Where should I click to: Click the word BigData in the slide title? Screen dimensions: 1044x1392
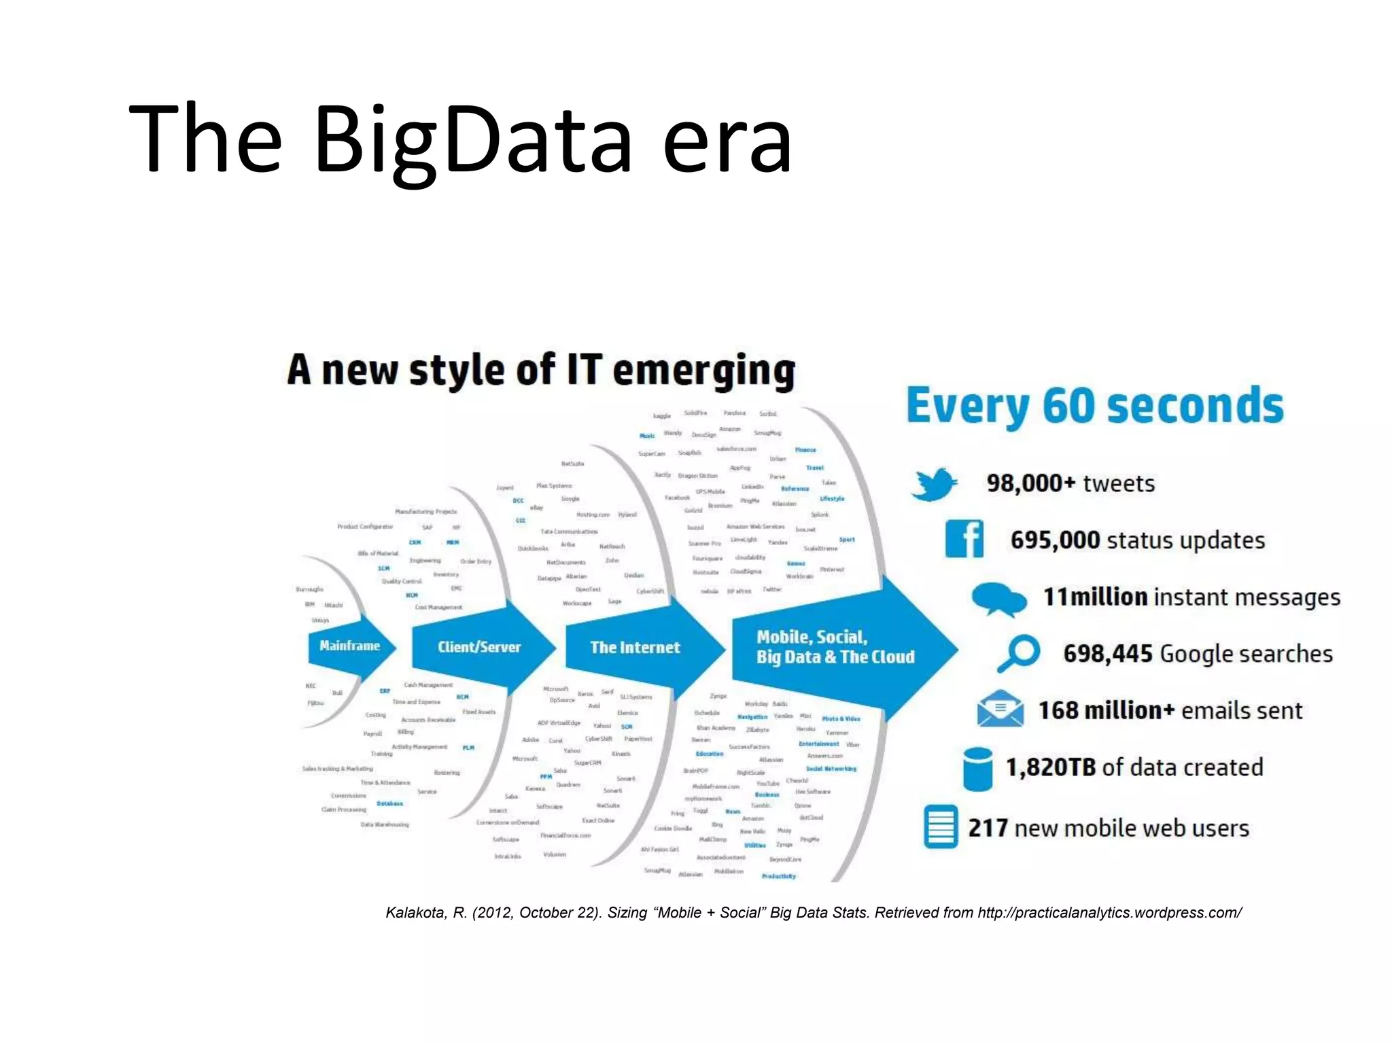click(x=473, y=139)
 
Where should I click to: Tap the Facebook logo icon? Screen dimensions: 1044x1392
click(x=964, y=539)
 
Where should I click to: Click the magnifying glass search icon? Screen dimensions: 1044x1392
click(x=1018, y=653)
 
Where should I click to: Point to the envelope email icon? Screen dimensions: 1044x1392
click(x=1000, y=709)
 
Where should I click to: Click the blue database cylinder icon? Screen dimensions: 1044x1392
click(x=978, y=769)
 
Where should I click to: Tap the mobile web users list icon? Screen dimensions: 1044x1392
click(x=941, y=827)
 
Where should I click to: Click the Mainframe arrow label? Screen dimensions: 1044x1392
click(x=349, y=646)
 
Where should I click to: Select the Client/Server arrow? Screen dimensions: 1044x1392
click(x=480, y=647)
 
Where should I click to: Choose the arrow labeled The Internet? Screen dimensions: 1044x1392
click(x=636, y=648)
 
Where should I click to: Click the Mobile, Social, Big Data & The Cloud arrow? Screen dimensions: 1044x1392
click(x=835, y=647)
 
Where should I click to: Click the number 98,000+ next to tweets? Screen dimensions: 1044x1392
click(x=1031, y=483)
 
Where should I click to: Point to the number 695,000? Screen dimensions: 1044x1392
click(x=1055, y=540)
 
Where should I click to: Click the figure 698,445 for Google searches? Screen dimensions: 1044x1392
click(x=1108, y=654)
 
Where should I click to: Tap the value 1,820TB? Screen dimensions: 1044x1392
click(x=1051, y=767)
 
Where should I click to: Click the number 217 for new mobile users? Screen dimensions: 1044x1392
click(x=988, y=828)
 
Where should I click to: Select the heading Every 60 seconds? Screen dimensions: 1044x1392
click(x=1095, y=406)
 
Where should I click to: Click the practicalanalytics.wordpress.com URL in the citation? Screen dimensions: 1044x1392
click(x=1109, y=913)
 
